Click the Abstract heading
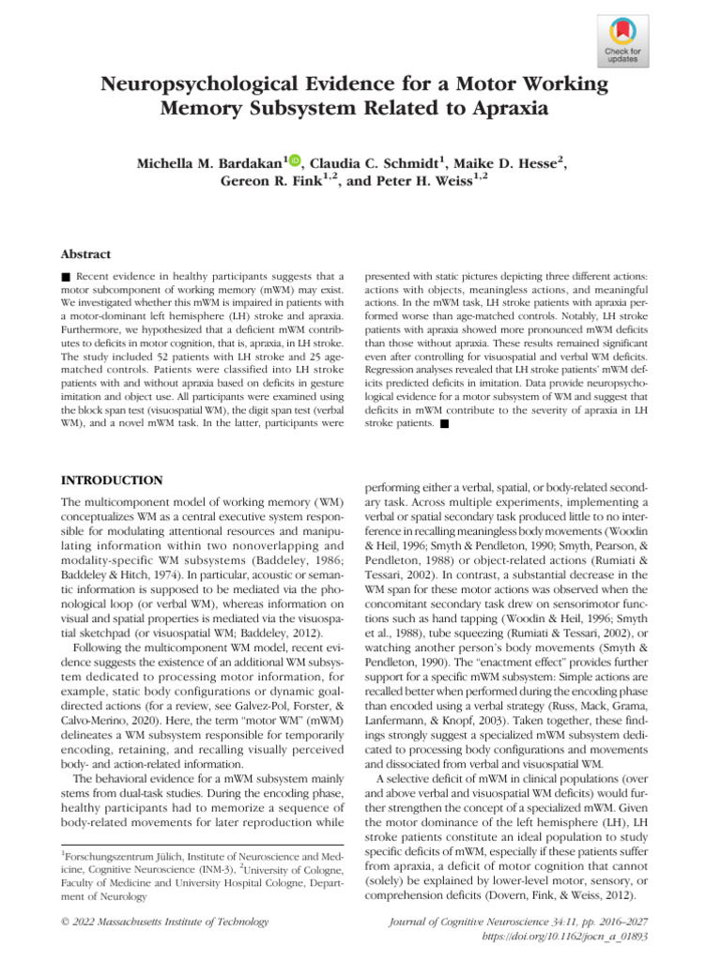click(x=86, y=254)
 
